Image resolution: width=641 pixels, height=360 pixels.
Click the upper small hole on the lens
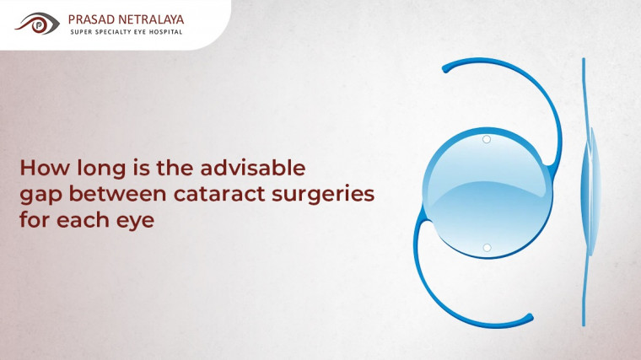[x=486, y=139]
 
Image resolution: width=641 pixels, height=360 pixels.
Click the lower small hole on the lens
[x=486, y=247]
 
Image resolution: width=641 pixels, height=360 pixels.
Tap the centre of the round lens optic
[x=486, y=193]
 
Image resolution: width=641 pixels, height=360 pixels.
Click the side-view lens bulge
[x=591, y=191]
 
